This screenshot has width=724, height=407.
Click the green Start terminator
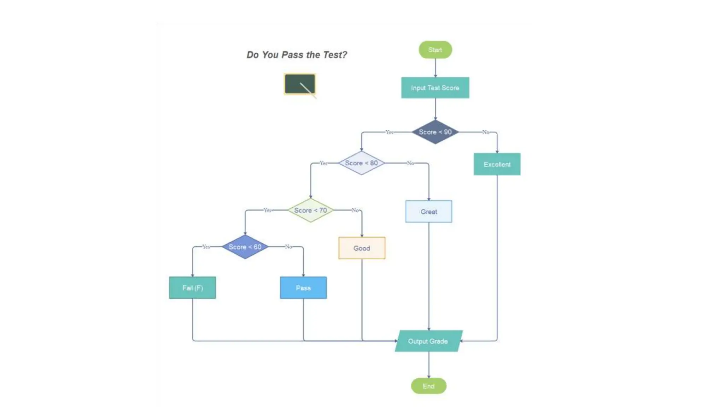[435, 50]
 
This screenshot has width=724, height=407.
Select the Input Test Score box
[435, 88]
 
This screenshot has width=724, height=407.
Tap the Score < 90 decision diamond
[435, 132]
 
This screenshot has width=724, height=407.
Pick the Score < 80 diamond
[361, 163]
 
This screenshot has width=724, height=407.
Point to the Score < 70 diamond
[310, 210]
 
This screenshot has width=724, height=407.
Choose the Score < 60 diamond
[245, 247]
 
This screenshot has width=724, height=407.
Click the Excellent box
[497, 164]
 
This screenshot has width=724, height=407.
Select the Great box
[428, 212]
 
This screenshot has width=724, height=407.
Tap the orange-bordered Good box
[362, 248]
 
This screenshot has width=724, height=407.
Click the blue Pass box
[303, 288]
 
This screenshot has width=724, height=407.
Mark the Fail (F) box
[192, 288]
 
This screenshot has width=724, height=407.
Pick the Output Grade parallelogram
[428, 341]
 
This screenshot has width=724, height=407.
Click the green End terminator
[428, 386]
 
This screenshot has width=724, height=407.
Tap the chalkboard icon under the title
[300, 84]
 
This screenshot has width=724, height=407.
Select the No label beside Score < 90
[486, 132]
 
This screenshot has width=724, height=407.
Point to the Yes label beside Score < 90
[389, 132]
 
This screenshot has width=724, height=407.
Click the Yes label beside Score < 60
[206, 247]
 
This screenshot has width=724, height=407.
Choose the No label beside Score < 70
[355, 210]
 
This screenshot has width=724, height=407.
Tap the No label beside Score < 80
[410, 163]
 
